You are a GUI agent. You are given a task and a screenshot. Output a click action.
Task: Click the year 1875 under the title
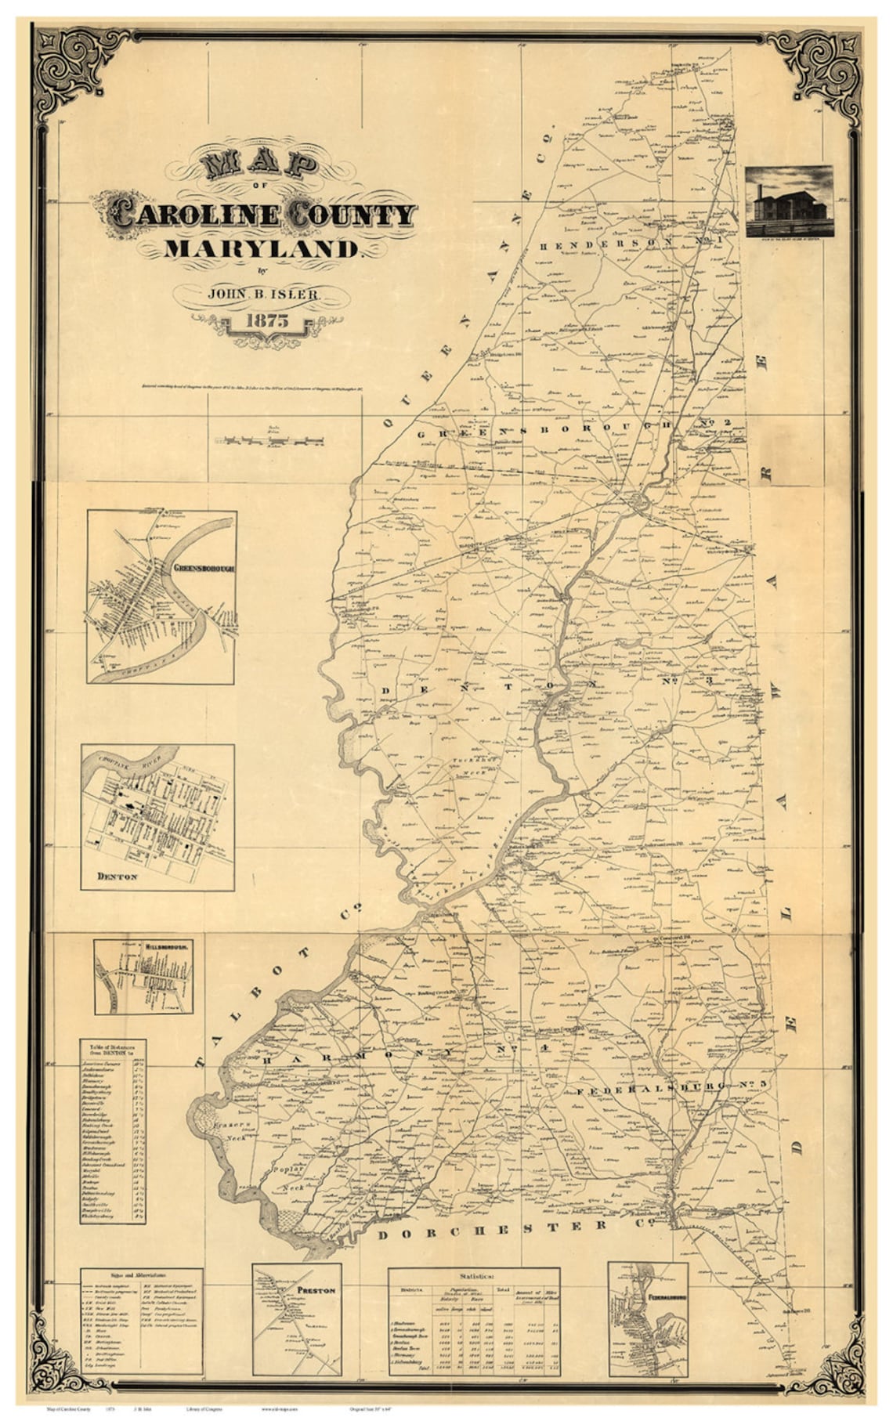click(x=267, y=320)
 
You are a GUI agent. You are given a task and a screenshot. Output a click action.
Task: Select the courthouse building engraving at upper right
click(x=789, y=201)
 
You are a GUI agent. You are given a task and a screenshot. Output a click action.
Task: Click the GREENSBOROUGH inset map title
click(x=201, y=569)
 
